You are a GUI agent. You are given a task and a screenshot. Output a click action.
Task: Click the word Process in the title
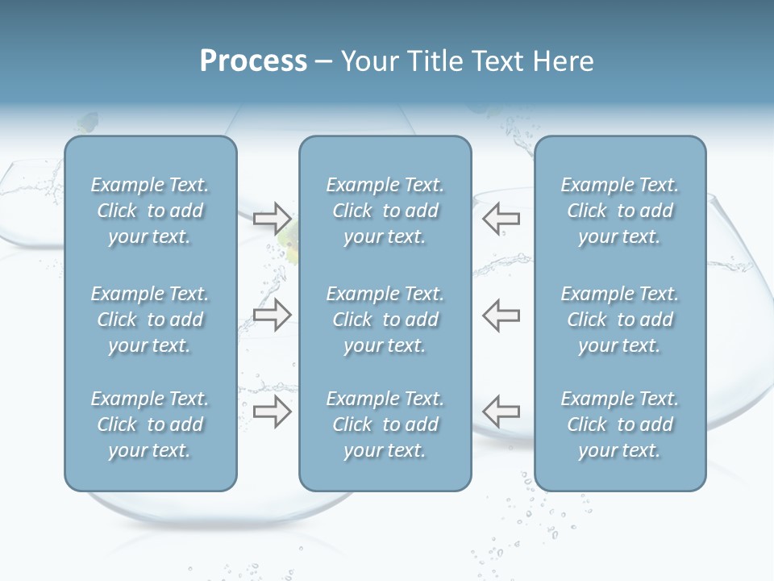click(x=253, y=61)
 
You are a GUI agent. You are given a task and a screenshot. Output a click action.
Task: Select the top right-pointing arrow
click(x=272, y=218)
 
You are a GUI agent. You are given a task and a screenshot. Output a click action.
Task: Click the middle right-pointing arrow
click(x=272, y=315)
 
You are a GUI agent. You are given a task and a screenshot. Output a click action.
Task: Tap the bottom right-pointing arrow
click(x=272, y=412)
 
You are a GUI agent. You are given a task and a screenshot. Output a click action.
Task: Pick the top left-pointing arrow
click(x=501, y=218)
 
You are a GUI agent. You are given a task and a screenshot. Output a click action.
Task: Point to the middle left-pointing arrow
click(x=501, y=315)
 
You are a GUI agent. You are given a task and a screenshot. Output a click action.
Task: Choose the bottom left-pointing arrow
click(x=501, y=412)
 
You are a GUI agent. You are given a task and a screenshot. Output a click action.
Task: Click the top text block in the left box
click(x=150, y=211)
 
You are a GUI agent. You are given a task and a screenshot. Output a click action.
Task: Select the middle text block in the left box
click(x=150, y=320)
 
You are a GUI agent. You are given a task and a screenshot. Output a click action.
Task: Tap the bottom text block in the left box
click(x=150, y=424)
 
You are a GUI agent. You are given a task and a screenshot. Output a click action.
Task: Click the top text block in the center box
click(x=385, y=211)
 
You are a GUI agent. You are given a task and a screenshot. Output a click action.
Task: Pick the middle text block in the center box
click(x=385, y=320)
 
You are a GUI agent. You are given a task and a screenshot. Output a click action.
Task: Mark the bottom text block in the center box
click(x=385, y=424)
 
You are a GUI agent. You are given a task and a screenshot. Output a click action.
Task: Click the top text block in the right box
click(x=619, y=211)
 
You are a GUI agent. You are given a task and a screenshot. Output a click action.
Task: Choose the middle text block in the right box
click(x=619, y=320)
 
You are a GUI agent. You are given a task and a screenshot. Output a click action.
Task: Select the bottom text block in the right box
click(x=619, y=424)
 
